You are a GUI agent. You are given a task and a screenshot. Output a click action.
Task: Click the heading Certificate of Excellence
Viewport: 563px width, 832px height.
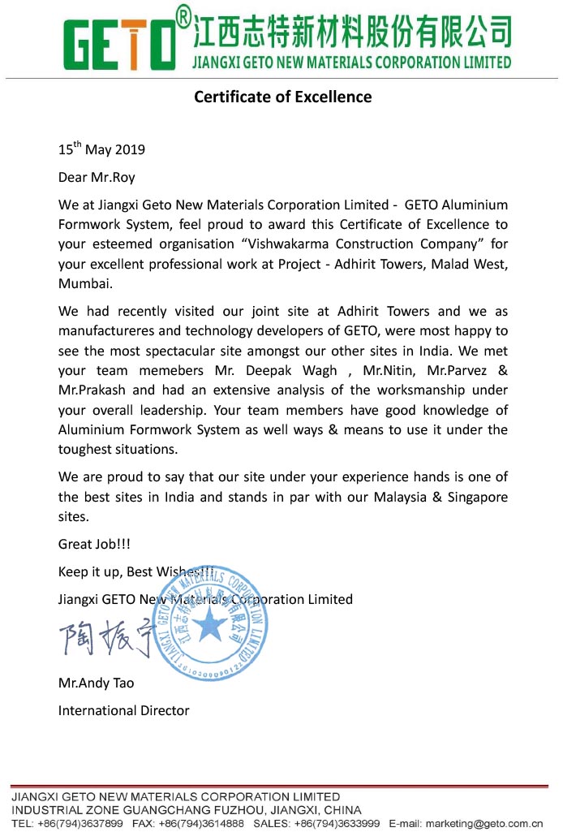[x=282, y=97]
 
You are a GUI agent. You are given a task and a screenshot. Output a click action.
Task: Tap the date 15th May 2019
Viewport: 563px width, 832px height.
[x=101, y=149]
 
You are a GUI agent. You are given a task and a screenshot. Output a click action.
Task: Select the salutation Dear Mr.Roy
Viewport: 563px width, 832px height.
[x=97, y=176]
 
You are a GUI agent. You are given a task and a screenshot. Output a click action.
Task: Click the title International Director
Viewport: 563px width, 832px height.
[x=123, y=710]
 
